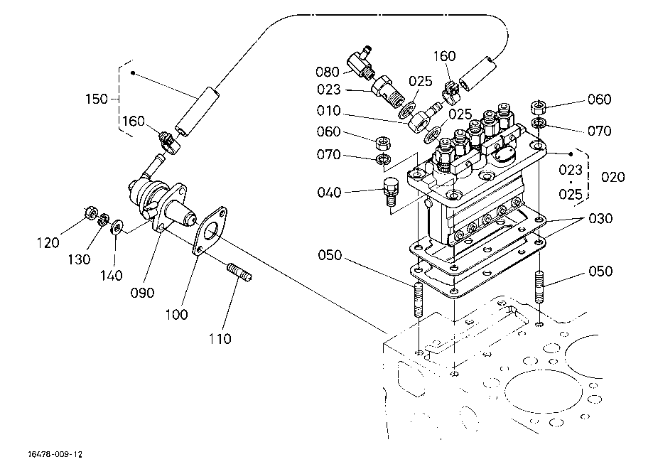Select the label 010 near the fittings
[x=328, y=112]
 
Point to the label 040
[x=329, y=192]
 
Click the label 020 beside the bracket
[x=613, y=176]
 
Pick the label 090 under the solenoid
[x=142, y=293]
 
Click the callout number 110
[x=220, y=339]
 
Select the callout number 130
[x=79, y=259]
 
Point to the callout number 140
[x=111, y=274]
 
